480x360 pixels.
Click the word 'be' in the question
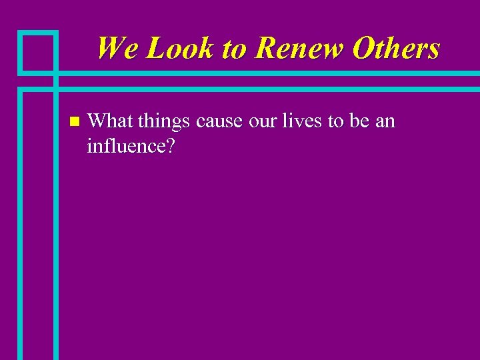tap(359, 121)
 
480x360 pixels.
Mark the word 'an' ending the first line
tap(386, 122)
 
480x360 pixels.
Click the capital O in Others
tap(363, 49)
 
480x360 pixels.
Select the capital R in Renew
tap(265, 49)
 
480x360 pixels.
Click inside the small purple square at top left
tap(37, 51)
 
